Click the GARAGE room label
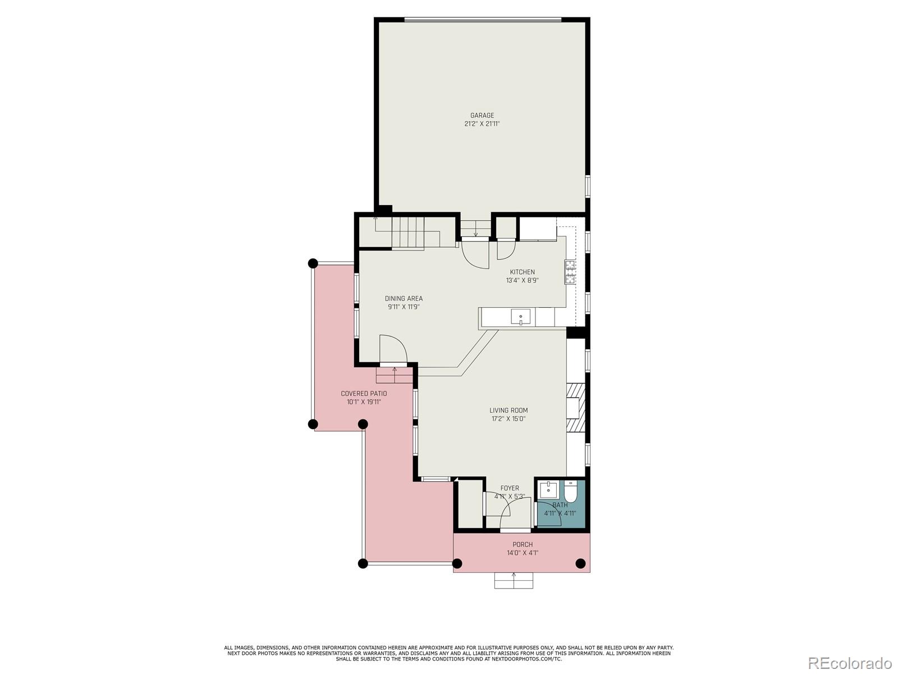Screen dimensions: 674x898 click(482, 116)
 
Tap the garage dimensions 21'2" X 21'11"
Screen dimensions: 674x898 click(482, 124)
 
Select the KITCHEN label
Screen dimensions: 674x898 click(522, 272)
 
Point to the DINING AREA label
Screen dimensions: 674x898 click(404, 298)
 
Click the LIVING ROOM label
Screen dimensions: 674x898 click(508, 410)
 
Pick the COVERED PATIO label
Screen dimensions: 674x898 click(364, 393)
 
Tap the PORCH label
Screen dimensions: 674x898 click(522, 544)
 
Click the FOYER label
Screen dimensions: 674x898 click(510, 488)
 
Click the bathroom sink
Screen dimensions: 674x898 click(547, 489)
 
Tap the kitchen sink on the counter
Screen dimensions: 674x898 click(520, 317)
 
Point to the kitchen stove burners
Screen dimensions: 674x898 click(570, 272)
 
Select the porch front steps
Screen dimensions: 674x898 click(514, 580)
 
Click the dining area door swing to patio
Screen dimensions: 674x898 click(393, 349)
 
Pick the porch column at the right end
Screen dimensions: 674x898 click(580, 563)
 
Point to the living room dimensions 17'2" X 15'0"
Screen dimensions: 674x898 click(508, 419)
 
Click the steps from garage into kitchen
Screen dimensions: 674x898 click(475, 229)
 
